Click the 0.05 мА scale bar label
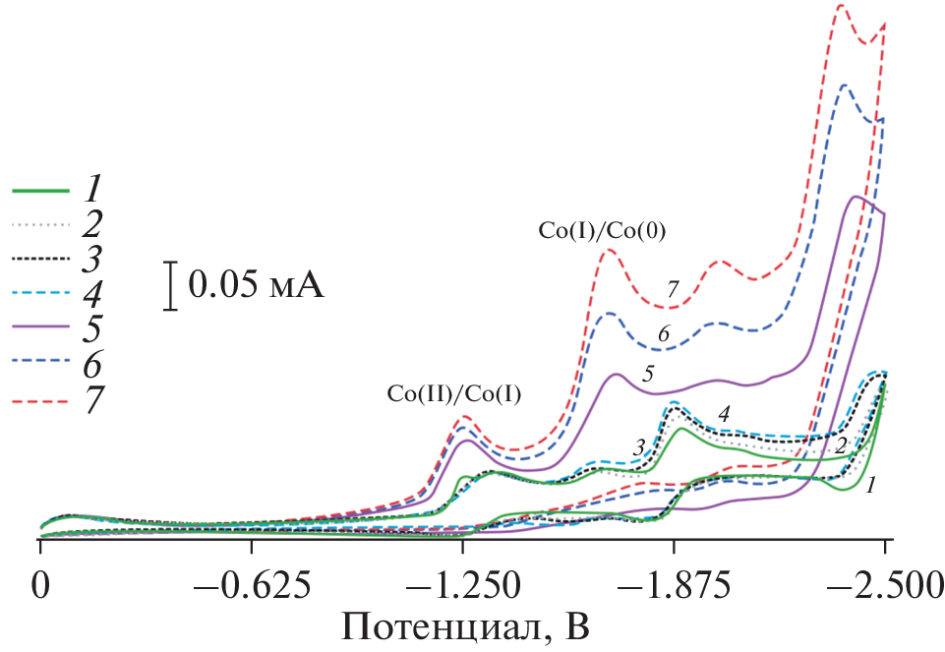(x=255, y=286)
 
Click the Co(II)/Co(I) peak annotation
(x=453, y=393)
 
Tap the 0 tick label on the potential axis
(x=40, y=587)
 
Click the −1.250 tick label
(x=463, y=587)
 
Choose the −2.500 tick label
(x=884, y=587)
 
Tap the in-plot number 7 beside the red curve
(x=673, y=290)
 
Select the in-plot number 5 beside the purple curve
(x=648, y=374)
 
